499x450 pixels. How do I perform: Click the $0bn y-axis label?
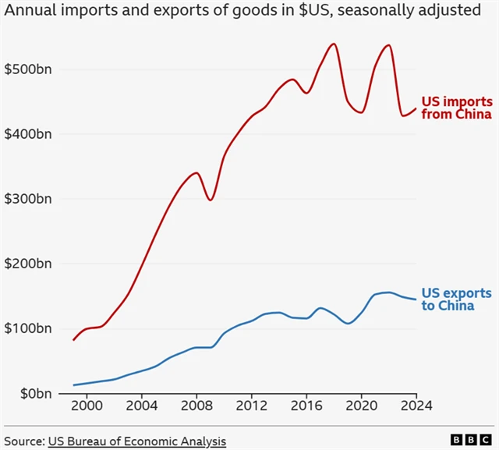(x=33, y=393)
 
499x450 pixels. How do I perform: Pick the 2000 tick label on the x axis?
(x=87, y=406)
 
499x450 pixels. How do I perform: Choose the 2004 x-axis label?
(x=142, y=406)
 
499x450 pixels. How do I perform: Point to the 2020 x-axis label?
(x=362, y=406)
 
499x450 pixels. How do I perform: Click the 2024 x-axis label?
(x=416, y=406)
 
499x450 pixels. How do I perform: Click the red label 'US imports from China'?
(x=456, y=108)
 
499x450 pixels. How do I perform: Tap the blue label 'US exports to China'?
(x=456, y=299)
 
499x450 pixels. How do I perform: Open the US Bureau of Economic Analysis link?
(x=136, y=441)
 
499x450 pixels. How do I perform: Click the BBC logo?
(x=469, y=441)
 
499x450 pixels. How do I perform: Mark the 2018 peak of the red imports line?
(x=334, y=44)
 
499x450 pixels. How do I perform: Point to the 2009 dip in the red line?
(x=211, y=200)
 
